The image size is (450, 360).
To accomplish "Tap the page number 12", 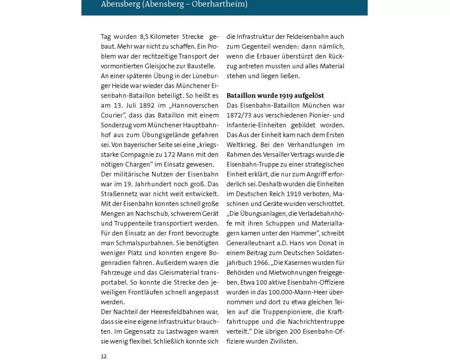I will (x=103, y=356).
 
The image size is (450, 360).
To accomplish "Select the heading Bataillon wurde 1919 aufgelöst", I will (x=275, y=96).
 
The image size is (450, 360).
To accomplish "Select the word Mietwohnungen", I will (x=292, y=272).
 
